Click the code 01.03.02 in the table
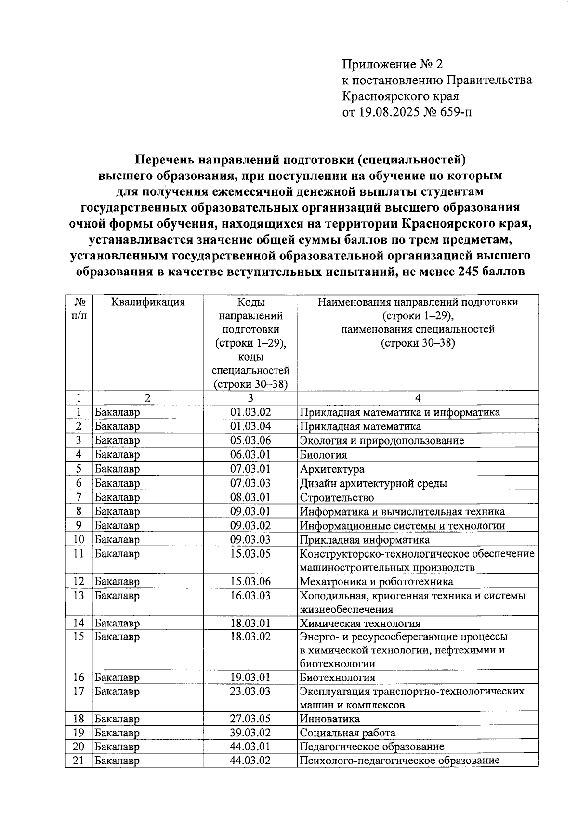click(250, 412)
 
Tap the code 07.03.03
click(250, 483)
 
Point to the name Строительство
click(337, 497)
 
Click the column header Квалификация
click(148, 302)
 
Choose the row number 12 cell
click(79, 582)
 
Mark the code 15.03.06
click(250, 582)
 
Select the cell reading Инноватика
click(329, 719)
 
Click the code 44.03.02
click(250, 761)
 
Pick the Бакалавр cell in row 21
click(117, 761)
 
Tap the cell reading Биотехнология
click(337, 678)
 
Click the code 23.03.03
click(250, 692)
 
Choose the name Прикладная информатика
click(365, 540)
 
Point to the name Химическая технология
click(360, 624)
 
